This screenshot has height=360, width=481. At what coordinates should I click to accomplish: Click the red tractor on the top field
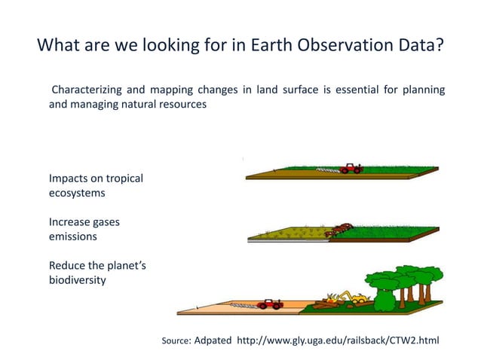pos(351,168)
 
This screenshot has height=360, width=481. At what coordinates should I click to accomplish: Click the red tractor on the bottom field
pos(268,304)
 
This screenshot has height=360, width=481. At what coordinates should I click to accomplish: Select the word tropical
pos(121,178)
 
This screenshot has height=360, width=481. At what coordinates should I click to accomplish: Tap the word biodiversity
pos(78,280)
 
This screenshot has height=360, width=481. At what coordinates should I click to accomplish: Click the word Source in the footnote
pos(176,341)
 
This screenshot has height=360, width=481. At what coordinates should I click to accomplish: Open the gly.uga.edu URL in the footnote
pos(338,340)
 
